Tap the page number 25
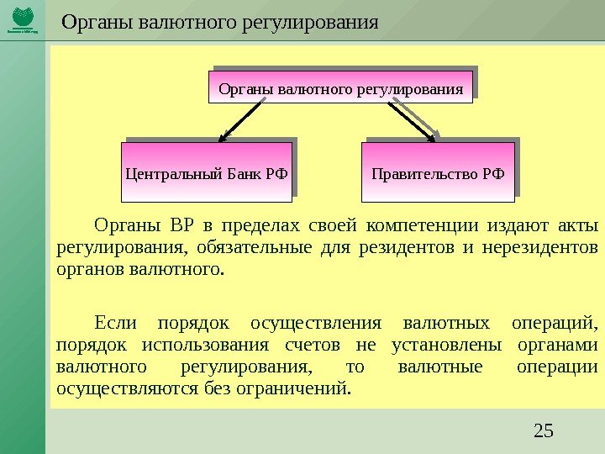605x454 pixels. pyautogui.click(x=544, y=432)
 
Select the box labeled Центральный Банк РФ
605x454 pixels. pyautogui.click(x=206, y=174)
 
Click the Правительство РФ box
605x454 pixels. pyautogui.click(x=438, y=174)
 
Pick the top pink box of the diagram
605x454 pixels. pyautogui.click(x=340, y=87)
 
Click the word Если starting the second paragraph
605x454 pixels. pyautogui.click(x=114, y=324)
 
